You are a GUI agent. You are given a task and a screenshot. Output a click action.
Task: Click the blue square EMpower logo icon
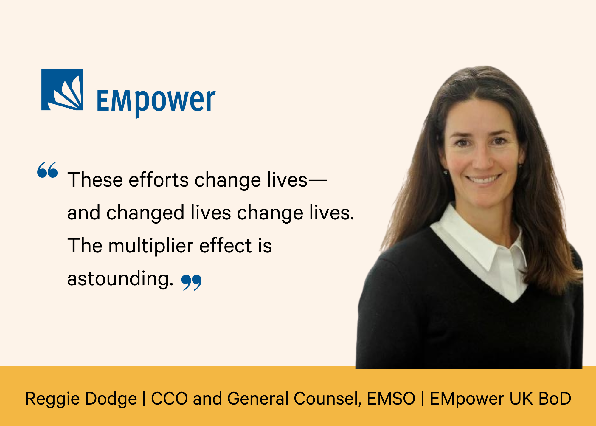click(62, 90)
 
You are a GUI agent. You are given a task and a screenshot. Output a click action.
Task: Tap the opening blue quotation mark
click(47, 170)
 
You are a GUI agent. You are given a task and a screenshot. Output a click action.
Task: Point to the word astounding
click(120, 279)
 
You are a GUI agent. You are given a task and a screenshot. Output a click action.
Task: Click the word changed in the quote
click(145, 213)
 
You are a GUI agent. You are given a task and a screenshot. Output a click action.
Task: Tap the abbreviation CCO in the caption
click(170, 399)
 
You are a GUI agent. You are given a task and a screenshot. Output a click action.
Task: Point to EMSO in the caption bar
click(391, 399)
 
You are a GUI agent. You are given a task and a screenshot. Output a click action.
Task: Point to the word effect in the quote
click(226, 246)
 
